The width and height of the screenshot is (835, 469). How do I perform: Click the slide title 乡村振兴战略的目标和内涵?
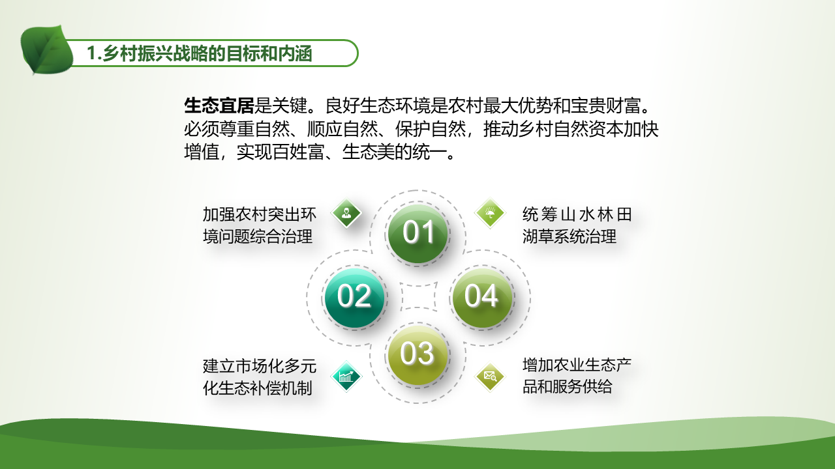coord(207,53)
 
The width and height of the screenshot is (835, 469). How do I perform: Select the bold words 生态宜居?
coord(219,106)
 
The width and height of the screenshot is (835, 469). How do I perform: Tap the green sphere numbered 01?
coord(418,233)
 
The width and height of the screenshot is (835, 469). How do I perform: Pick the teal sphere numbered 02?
coord(354,298)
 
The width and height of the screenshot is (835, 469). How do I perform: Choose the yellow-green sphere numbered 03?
coord(417,355)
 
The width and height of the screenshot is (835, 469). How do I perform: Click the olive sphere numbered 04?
coord(482,298)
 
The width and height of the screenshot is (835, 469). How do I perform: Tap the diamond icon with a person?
coord(346,213)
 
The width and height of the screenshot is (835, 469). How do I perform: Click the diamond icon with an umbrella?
coord(490,213)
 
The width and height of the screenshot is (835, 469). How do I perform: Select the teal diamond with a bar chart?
coord(346,377)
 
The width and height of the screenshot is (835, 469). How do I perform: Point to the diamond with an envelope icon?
coord(490,377)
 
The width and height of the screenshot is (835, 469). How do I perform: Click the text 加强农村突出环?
coord(260,215)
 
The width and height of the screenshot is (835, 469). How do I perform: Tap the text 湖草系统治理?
coord(569,236)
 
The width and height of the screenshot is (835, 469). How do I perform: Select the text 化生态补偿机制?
coord(258,388)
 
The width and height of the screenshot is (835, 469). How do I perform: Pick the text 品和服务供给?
coord(567,386)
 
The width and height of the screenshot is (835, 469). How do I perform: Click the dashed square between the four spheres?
coord(418,296)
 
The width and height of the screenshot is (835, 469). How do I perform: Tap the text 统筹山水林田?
coord(577,215)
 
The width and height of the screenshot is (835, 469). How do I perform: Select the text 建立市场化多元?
coord(260,366)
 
